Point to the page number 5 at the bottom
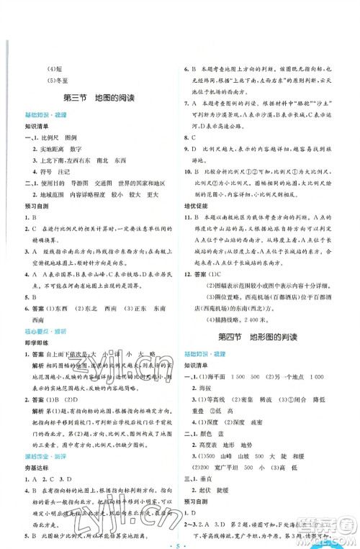click(x=180, y=534)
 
